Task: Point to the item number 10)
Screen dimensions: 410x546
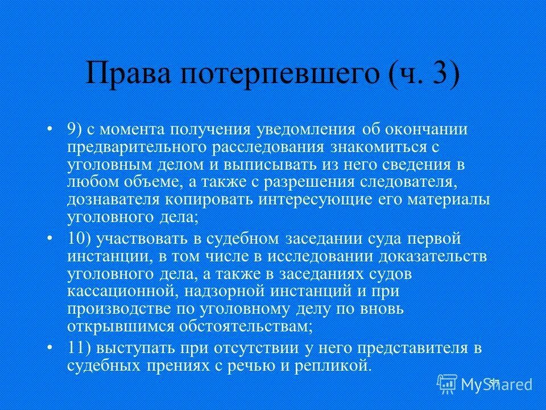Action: point(81,238)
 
